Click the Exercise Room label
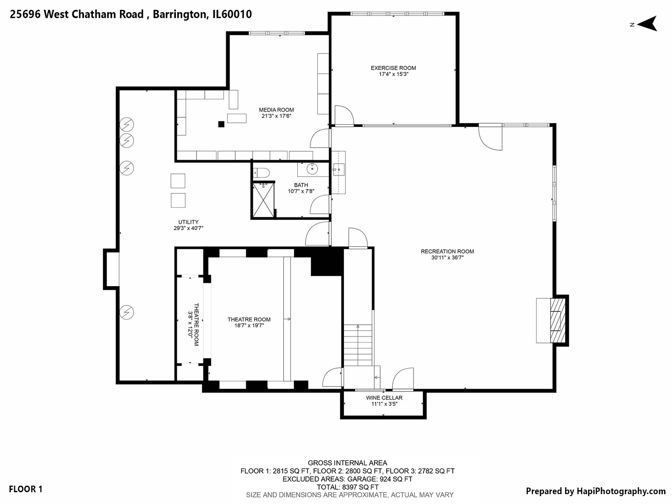point(393,68)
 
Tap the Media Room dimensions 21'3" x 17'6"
point(276,116)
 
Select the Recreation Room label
point(447,252)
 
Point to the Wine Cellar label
point(384,398)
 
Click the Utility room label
point(188,222)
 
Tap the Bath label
point(301,185)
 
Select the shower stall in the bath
point(264,200)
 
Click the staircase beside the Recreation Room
point(358,345)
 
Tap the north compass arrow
point(647,23)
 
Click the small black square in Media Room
point(221,124)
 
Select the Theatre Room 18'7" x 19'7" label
point(249,322)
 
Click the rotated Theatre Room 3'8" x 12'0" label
point(193,324)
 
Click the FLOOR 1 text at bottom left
point(26,489)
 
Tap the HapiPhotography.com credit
point(595,491)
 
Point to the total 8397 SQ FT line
point(347,487)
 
